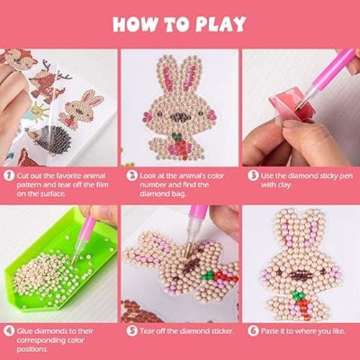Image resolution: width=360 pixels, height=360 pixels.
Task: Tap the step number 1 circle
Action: [x=8, y=175]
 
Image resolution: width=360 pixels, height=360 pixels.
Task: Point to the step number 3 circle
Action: [x=251, y=175]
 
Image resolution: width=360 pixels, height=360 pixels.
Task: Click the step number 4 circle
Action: [x=8, y=331]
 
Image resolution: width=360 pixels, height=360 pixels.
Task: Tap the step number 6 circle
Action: [x=251, y=331]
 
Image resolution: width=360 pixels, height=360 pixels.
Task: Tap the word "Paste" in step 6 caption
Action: [x=273, y=331]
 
